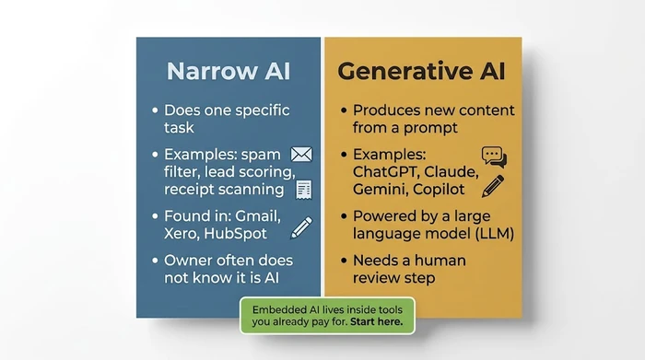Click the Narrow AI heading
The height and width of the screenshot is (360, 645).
(229, 71)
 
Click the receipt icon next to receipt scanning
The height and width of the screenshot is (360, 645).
(302, 189)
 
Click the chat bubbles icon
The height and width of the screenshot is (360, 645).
(494, 156)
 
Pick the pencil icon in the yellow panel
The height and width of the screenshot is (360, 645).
(493, 185)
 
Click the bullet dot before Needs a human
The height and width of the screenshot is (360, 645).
(343, 261)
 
